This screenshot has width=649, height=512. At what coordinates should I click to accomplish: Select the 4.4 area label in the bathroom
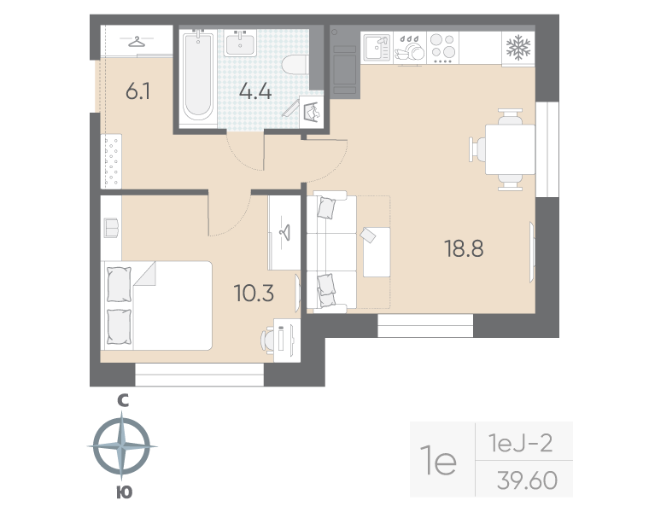[255, 91]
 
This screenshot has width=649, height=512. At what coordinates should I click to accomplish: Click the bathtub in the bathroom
[199, 74]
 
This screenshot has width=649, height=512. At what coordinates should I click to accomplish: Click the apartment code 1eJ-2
[520, 444]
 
